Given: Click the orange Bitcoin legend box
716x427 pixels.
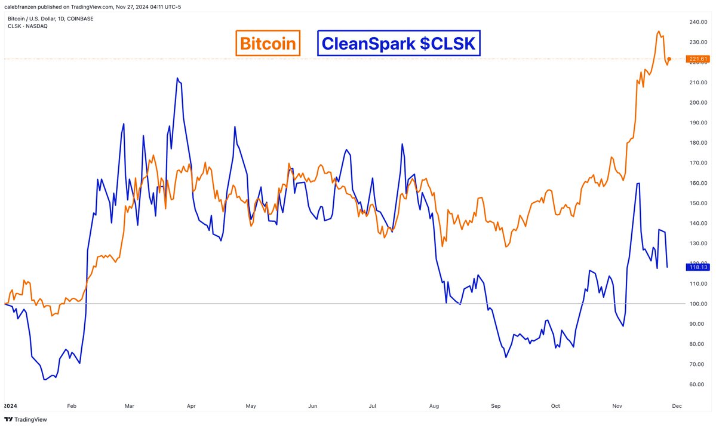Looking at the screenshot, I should point(267,43).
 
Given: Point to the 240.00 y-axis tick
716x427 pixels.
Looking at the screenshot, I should point(697,22).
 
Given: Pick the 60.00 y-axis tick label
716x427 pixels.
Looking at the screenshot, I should point(697,384).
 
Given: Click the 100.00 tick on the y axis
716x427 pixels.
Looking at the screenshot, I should point(697,304).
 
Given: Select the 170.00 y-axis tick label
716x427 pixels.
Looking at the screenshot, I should point(697,163).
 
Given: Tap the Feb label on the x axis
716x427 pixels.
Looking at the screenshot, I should point(72,405).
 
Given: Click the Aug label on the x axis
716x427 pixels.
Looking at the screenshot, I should point(434,405).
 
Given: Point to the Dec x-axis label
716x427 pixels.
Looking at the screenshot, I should point(677,405).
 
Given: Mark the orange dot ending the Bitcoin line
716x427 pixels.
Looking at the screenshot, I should point(669,59).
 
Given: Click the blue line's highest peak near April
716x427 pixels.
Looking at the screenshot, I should point(177,78).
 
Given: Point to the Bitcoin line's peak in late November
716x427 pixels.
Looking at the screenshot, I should point(658,32).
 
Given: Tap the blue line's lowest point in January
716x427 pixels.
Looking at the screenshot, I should point(44,379).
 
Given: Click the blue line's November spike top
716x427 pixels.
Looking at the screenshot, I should point(638,184).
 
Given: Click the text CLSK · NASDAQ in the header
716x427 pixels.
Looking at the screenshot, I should point(27,26).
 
